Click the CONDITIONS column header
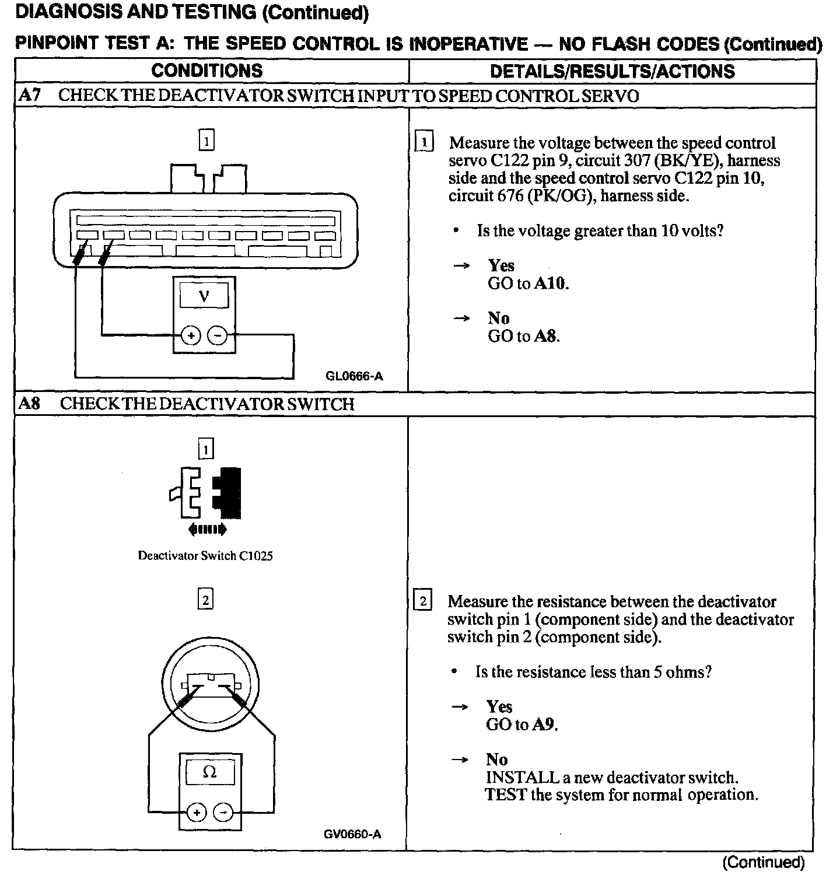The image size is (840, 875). (207, 71)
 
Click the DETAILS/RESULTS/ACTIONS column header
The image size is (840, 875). (612, 71)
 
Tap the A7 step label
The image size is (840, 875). (29, 96)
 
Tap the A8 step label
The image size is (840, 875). (30, 404)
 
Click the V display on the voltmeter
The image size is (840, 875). (204, 296)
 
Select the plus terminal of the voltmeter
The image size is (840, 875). (191, 335)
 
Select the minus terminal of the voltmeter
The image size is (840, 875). (218, 335)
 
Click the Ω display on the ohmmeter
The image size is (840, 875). (209, 772)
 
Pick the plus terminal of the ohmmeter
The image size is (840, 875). (197, 813)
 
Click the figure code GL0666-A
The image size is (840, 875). (354, 376)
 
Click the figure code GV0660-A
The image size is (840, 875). (352, 834)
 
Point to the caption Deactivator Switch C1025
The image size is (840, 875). (205, 556)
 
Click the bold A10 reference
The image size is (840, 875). (551, 284)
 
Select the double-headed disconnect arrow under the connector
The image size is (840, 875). (208, 530)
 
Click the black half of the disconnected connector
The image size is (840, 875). (229, 492)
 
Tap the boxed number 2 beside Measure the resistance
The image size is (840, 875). (422, 601)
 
